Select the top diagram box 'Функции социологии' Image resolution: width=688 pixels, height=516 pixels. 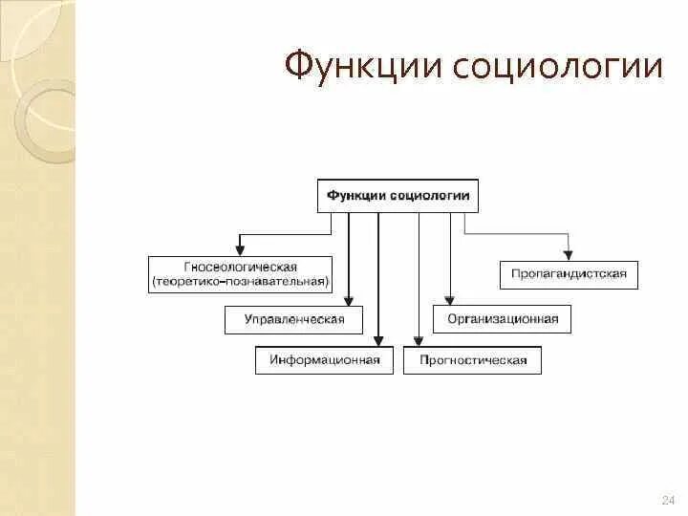pyautogui.click(x=398, y=195)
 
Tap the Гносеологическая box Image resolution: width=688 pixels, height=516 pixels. pyautogui.click(x=240, y=274)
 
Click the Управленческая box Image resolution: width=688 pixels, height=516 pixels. pyautogui.click(x=294, y=320)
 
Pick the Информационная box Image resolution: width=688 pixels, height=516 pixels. pyautogui.click(x=324, y=360)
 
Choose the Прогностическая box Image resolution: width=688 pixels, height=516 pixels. pyautogui.click(x=472, y=360)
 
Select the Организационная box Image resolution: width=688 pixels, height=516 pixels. pyautogui.click(x=502, y=320)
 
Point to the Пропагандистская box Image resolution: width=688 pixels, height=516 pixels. pyautogui.click(x=569, y=274)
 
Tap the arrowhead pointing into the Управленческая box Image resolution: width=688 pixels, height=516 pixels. pyautogui.click(x=349, y=300)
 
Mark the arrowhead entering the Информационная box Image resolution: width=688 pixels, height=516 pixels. pyautogui.click(x=379, y=340)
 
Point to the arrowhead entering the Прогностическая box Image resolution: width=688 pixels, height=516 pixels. pyautogui.click(x=418, y=340)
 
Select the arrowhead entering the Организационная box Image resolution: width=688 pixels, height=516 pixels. pyautogui.click(x=448, y=300)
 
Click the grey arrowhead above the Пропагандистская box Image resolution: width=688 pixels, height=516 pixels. pyautogui.click(x=569, y=255)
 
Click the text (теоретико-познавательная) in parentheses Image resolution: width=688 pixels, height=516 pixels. pyautogui.click(x=240, y=282)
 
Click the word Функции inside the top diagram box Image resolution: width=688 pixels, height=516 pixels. pyautogui.click(x=356, y=195)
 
